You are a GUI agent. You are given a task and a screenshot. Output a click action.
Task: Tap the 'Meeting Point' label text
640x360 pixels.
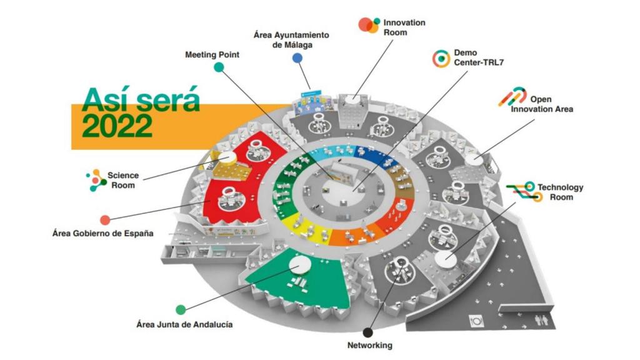[x=212, y=55]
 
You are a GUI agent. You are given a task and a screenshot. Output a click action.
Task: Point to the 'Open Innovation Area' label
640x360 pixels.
[x=541, y=104]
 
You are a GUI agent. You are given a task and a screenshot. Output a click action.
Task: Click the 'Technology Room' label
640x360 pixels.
[x=561, y=192]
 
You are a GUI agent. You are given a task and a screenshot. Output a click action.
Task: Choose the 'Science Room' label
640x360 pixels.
[x=122, y=180]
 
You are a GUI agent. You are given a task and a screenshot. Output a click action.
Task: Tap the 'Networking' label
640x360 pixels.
[x=369, y=345]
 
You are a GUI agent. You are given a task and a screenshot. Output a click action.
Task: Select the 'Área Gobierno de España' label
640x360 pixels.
[x=102, y=234]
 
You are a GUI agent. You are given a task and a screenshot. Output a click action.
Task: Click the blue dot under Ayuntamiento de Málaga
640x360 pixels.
[x=297, y=58]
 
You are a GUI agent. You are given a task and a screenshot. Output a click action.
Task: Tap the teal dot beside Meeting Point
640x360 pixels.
[x=219, y=67]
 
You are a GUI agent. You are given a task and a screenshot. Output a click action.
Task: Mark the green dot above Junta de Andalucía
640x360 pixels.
[x=181, y=309]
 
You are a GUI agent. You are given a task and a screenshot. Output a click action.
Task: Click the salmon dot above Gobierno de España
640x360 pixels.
[x=105, y=220]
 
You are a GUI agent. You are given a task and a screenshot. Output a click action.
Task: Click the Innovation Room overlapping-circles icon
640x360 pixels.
[x=369, y=25]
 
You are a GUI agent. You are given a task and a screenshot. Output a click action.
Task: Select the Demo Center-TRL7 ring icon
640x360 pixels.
[x=441, y=58]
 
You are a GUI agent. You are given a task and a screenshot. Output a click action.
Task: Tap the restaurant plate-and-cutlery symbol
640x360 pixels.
[x=477, y=319]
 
